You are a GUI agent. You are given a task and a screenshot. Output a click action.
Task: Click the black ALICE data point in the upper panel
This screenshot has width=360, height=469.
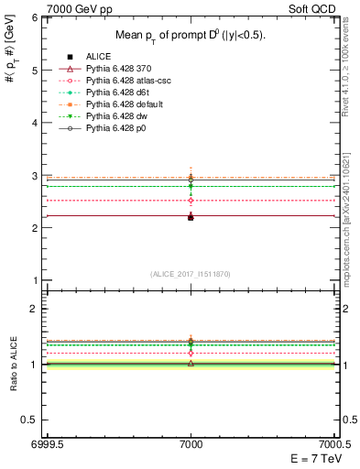pyautogui.click(x=191, y=217)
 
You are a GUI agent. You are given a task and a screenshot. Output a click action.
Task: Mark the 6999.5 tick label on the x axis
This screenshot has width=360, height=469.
pyautogui.click(x=46, y=443)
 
